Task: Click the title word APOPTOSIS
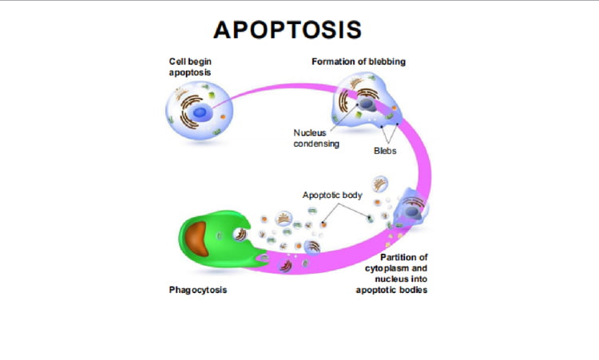click(x=288, y=30)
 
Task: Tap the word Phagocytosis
click(x=197, y=290)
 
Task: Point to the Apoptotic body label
click(x=333, y=195)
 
